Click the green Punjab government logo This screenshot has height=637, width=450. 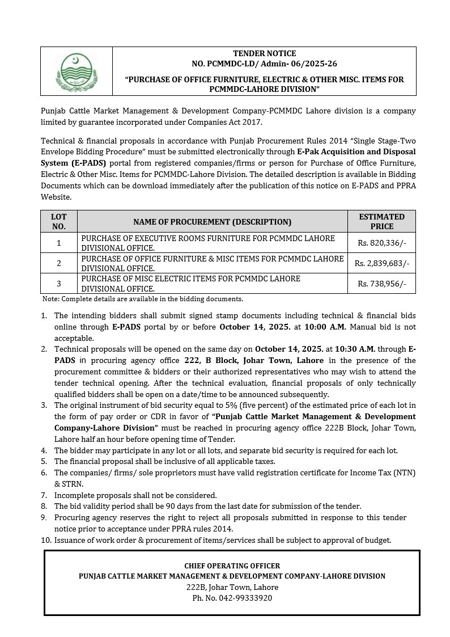(75, 71)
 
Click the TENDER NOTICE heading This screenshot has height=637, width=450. (264, 53)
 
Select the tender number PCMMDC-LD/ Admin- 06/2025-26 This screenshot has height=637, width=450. (264, 64)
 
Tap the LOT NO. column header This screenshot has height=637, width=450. (58, 221)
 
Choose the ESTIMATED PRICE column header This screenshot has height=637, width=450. (381, 221)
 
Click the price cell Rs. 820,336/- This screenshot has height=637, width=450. (381, 243)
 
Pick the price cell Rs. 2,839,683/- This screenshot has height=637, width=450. (381, 263)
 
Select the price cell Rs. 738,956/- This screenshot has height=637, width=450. (381, 284)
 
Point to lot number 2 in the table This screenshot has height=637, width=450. (58, 263)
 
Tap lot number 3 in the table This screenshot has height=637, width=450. (58, 284)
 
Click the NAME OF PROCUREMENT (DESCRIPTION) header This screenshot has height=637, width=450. (213, 222)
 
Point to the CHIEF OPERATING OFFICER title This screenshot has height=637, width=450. (232, 566)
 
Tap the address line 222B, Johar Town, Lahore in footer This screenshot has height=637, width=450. (232, 587)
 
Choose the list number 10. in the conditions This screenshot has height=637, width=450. (46, 540)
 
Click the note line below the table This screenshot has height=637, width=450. (143, 299)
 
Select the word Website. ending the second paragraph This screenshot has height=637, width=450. (56, 197)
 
